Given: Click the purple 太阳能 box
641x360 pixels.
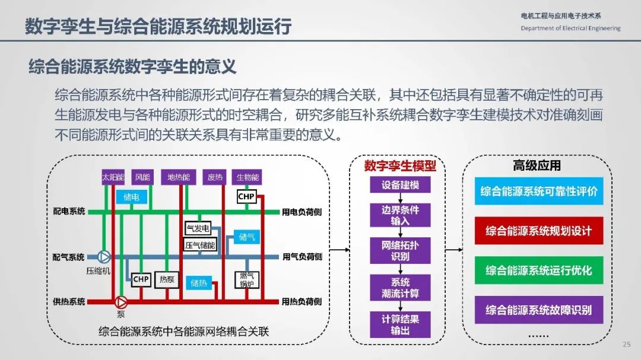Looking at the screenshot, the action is point(113,177).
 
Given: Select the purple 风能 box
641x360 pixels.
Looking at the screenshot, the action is point(142,177).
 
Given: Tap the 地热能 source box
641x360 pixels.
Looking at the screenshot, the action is point(179,177).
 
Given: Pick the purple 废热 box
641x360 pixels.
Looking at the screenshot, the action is point(215,177).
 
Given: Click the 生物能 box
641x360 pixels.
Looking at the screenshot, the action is point(247,177).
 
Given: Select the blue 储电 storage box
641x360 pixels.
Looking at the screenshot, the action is point(131,197).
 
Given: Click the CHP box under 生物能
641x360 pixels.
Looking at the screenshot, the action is point(246,196).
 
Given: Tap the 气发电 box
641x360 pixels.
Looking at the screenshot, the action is point(198,228).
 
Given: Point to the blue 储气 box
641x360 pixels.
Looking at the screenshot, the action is point(247,237).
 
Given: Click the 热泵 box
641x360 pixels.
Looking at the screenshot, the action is point(167,279).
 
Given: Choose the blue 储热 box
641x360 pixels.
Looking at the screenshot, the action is point(199,283).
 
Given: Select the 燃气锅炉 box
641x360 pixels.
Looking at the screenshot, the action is point(247,280).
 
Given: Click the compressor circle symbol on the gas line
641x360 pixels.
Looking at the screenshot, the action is point(104,257).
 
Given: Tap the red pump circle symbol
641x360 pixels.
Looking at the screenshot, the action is point(120,302).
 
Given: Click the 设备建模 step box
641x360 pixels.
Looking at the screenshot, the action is point(400,184).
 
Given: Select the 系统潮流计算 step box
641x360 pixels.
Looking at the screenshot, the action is point(400,288).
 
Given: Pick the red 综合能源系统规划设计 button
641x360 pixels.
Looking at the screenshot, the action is point(539,231).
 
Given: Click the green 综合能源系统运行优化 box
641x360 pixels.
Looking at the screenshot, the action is point(539,270).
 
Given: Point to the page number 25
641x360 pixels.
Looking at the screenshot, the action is point(627,344).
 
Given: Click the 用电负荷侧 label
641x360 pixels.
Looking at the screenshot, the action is point(302,212).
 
